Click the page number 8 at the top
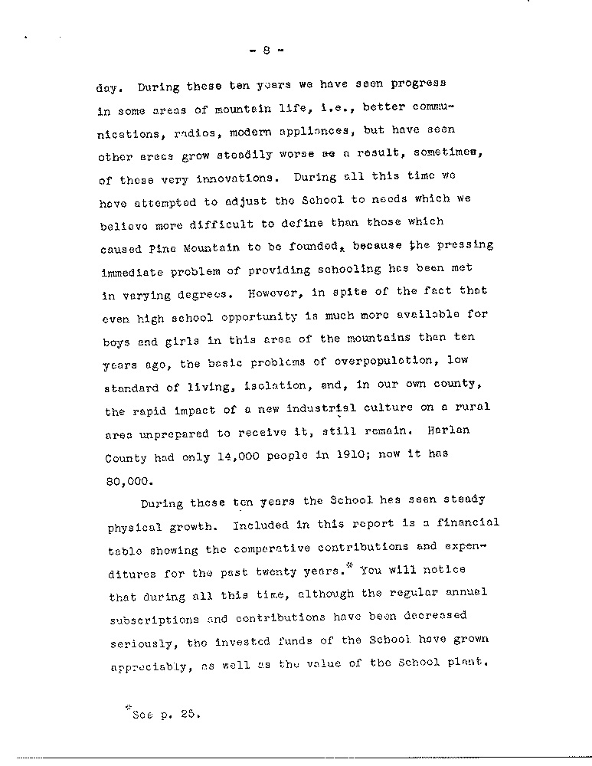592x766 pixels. point(266,52)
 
